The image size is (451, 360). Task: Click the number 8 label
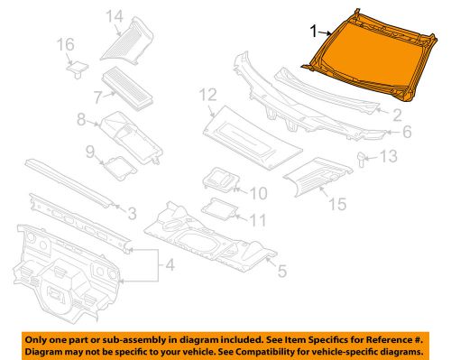tap(81, 119)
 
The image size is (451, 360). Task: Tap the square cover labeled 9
tap(116, 163)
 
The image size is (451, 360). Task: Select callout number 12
tap(208, 93)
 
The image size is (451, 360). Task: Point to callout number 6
tap(407, 132)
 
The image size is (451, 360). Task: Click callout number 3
tap(132, 213)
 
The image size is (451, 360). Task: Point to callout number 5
tap(281, 270)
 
